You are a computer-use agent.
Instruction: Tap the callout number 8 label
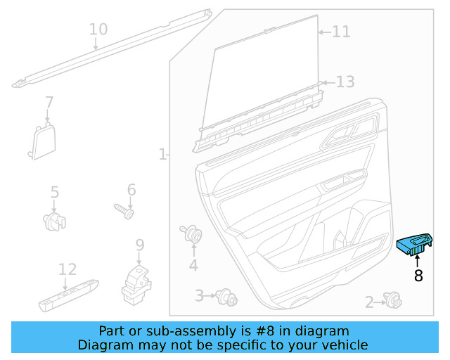(418, 276)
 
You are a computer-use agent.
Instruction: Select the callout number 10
(98, 30)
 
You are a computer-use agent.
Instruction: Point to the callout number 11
(341, 32)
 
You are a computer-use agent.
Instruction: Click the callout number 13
(345, 82)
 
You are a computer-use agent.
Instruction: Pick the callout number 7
(49, 102)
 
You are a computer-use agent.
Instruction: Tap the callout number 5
(54, 191)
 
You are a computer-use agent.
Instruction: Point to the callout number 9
(140, 245)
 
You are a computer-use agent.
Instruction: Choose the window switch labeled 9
(136, 282)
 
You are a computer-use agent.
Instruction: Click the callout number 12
(67, 269)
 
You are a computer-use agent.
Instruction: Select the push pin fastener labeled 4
(191, 235)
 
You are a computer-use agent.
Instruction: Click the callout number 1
(162, 153)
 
